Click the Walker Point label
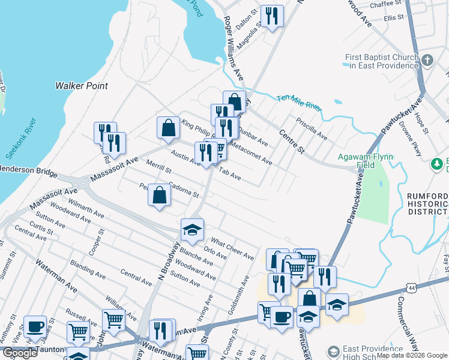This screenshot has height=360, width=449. click(82, 86)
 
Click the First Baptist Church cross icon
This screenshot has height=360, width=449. click(427, 61)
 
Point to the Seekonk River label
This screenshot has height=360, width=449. click(22, 139)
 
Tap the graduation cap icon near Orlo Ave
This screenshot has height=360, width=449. click(192, 229)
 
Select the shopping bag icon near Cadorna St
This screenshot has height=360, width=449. click(158, 195)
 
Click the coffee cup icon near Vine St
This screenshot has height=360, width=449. click(35, 326)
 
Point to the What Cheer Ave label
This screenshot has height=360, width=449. click(232, 250)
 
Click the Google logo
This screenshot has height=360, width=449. click(20, 353)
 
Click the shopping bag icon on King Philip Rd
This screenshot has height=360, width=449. click(168, 127)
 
